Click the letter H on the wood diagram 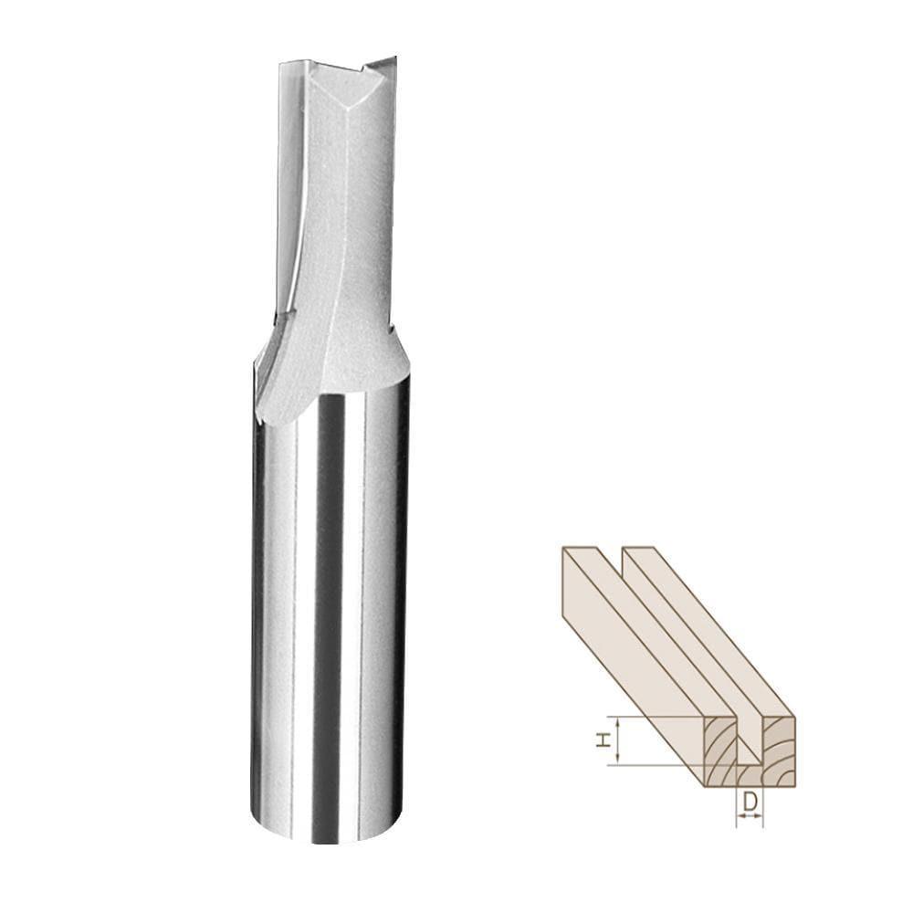(603, 742)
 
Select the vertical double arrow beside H (620, 740)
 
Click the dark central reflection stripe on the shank (329, 621)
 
